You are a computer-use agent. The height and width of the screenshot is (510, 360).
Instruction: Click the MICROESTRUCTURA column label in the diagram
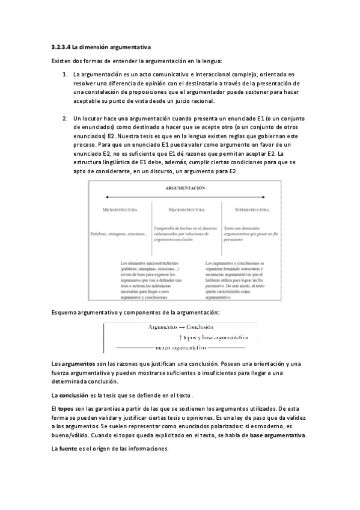(120, 210)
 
